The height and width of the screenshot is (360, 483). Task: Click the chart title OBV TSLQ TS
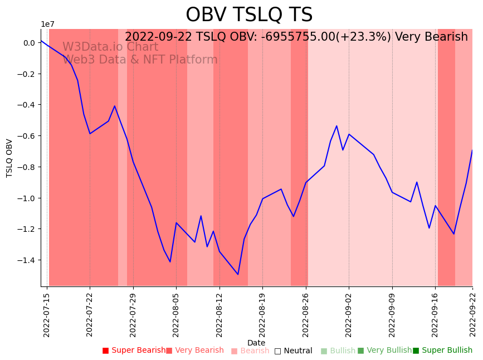249,15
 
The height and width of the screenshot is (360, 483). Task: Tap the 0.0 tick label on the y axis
29,43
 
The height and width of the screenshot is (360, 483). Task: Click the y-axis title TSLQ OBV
9,158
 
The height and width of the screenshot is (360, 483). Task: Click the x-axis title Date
256,343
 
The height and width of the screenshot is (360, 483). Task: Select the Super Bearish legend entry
134,351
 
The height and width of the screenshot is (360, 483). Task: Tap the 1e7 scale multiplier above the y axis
47,24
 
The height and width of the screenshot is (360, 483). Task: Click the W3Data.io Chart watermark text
110,47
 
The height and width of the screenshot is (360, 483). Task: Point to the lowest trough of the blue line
238,274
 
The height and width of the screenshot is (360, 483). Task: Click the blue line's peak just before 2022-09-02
336,126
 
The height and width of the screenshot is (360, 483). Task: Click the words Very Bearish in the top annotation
431,37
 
